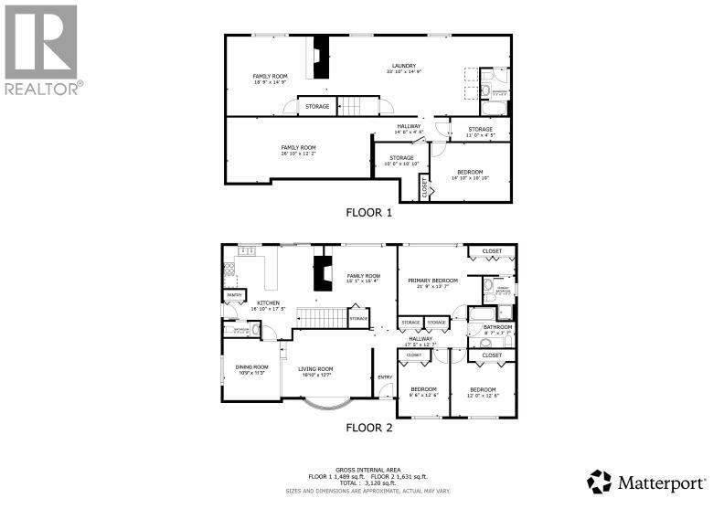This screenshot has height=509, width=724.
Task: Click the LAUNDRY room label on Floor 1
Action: (x=404, y=66)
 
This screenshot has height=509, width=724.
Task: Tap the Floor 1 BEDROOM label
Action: (x=471, y=173)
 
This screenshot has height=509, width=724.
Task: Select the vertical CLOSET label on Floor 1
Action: (x=425, y=187)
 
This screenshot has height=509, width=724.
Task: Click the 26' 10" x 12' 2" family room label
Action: (x=298, y=150)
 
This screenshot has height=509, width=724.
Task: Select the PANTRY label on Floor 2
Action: (x=235, y=294)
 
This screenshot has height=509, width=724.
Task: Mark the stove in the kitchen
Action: (x=229, y=270)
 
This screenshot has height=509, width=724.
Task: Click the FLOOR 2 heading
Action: (x=368, y=426)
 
